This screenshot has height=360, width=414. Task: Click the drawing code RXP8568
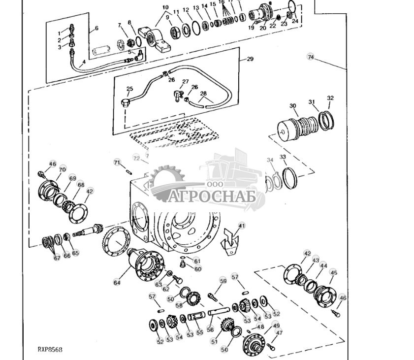[50, 349]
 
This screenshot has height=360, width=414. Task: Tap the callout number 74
[311, 57]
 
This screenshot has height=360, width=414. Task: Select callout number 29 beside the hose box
[250, 59]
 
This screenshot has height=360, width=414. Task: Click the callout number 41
[241, 225]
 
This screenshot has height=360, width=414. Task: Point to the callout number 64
[117, 282]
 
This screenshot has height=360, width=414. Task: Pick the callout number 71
[117, 162]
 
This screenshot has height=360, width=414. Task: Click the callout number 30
[293, 106]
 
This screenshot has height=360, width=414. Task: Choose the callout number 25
[129, 89]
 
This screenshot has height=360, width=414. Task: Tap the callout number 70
[62, 169]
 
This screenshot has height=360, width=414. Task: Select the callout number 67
[57, 258]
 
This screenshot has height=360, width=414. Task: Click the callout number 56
[210, 330]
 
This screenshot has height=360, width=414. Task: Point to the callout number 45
[334, 272]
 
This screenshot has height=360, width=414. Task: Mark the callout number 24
[294, 21]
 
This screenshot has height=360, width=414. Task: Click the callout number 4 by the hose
[83, 62]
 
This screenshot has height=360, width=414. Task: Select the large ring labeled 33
[289, 178]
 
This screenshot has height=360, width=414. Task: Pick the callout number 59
[223, 281]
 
